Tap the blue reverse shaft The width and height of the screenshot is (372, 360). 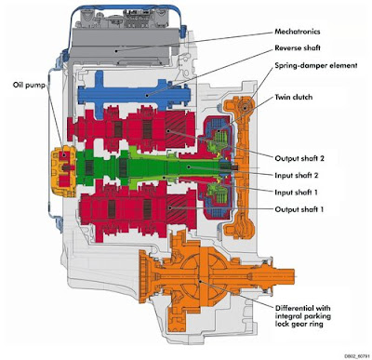[x=139, y=94]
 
